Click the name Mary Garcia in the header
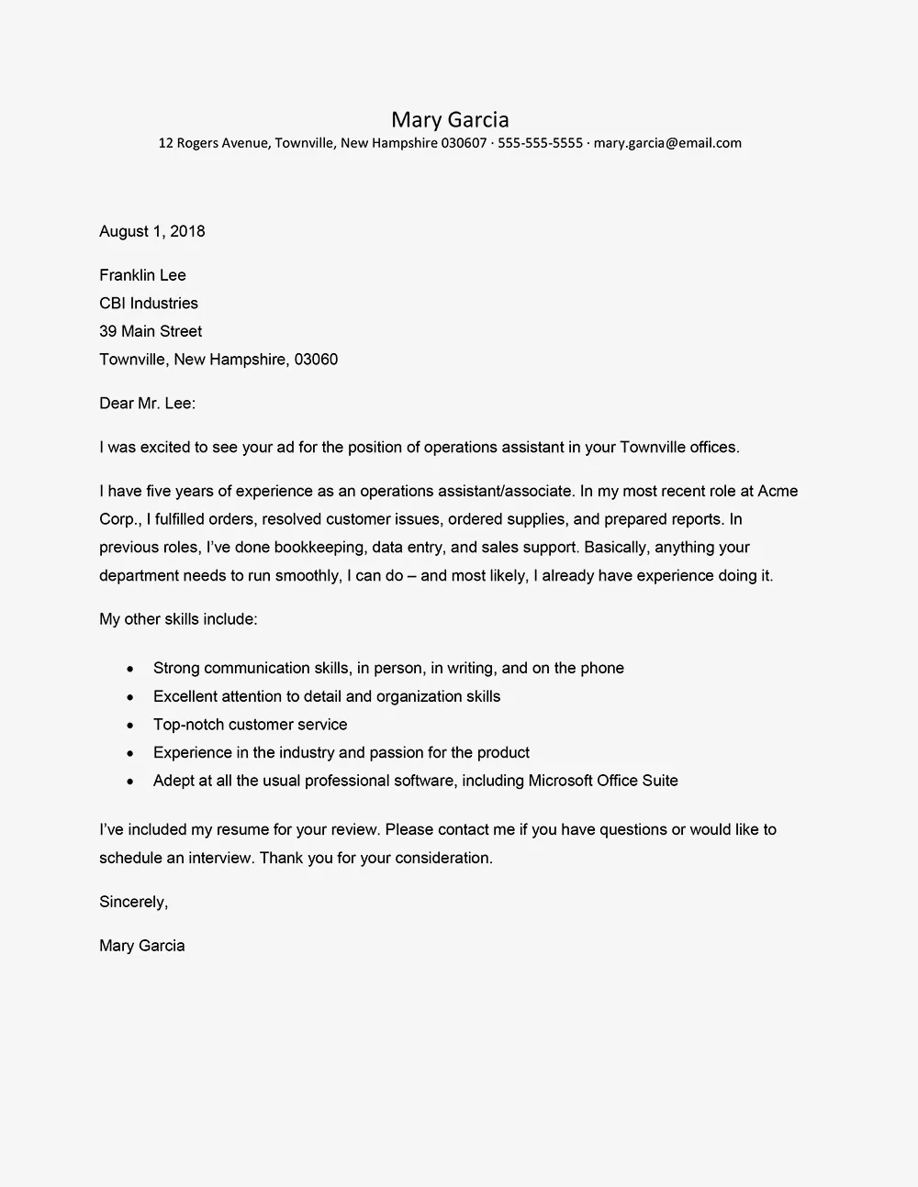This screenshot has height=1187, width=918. (450, 119)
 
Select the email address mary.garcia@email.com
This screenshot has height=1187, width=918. (667, 143)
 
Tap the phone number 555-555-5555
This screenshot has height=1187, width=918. (540, 143)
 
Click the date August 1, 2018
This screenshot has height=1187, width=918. (152, 231)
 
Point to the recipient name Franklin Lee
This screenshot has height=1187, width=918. (142, 275)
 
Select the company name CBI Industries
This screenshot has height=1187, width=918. (149, 304)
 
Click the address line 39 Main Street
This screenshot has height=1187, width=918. (151, 331)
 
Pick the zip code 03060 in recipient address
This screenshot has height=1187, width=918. (316, 360)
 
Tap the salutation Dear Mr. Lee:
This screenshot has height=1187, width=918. (148, 403)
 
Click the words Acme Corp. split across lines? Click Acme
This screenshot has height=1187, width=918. (778, 491)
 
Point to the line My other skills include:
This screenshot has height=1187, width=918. (178, 619)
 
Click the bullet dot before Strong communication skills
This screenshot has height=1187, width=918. (131, 669)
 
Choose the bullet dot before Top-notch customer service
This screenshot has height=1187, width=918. (131, 726)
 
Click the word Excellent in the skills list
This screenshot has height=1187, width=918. (186, 696)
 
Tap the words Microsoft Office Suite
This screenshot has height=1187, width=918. (603, 781)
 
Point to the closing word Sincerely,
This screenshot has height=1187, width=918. (133, 902)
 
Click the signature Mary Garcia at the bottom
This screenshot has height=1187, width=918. (142, 946)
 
